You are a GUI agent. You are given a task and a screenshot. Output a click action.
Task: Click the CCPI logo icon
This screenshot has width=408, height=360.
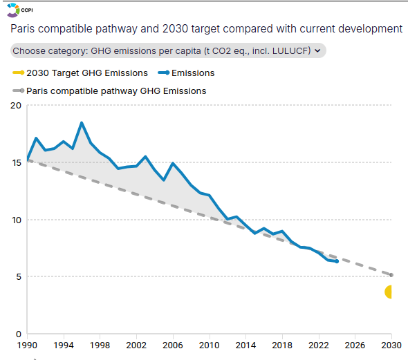click(x=13, y=10)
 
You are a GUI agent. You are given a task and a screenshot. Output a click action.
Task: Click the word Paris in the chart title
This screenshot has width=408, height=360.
click(x=22, y=28)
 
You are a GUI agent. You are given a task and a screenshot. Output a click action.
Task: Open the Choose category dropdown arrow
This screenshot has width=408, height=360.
click(x=317, y=50)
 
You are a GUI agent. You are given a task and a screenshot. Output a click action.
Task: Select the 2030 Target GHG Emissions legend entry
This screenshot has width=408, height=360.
click(x=80, y=73)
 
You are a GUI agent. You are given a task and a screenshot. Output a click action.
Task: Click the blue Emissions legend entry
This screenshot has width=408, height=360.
click(x=186, y=73)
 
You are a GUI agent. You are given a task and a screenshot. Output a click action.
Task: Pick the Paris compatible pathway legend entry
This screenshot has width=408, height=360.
click(x=109, y=91)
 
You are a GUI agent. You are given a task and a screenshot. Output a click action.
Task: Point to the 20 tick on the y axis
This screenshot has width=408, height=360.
click(x=16, y=106)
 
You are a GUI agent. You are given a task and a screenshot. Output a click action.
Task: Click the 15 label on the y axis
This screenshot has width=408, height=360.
click(x=16, y=162)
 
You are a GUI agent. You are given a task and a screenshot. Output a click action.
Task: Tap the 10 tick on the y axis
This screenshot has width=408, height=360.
click(x=17, y=220)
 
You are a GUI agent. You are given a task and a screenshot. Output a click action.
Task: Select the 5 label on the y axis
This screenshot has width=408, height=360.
click(x=19, y=277)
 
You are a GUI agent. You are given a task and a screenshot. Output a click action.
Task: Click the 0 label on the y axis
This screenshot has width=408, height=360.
click(x=19, y=334)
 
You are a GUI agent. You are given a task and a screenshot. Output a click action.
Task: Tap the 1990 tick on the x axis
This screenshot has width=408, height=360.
click(x=27, y=345)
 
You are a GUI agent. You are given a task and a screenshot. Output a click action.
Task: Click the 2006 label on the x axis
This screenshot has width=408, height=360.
click(x=173, y=345)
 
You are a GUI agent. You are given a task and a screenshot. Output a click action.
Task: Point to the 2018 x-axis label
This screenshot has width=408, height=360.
click(x=282, y=345)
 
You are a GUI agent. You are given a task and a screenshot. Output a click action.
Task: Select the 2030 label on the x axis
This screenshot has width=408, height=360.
click(x=391, y=345)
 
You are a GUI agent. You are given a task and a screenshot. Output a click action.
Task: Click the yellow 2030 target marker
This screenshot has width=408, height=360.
click(x=389, y=292)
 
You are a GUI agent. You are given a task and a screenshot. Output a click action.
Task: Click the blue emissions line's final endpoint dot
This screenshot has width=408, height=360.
click(x=337, y=261)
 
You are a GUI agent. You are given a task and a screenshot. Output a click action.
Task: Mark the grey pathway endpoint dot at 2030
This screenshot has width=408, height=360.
click(x=391, y=275)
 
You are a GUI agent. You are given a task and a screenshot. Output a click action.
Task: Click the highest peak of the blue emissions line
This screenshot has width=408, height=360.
click(x=82, y=123)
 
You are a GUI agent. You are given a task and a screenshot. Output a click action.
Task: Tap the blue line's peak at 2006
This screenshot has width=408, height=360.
click(x=173, y=163)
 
